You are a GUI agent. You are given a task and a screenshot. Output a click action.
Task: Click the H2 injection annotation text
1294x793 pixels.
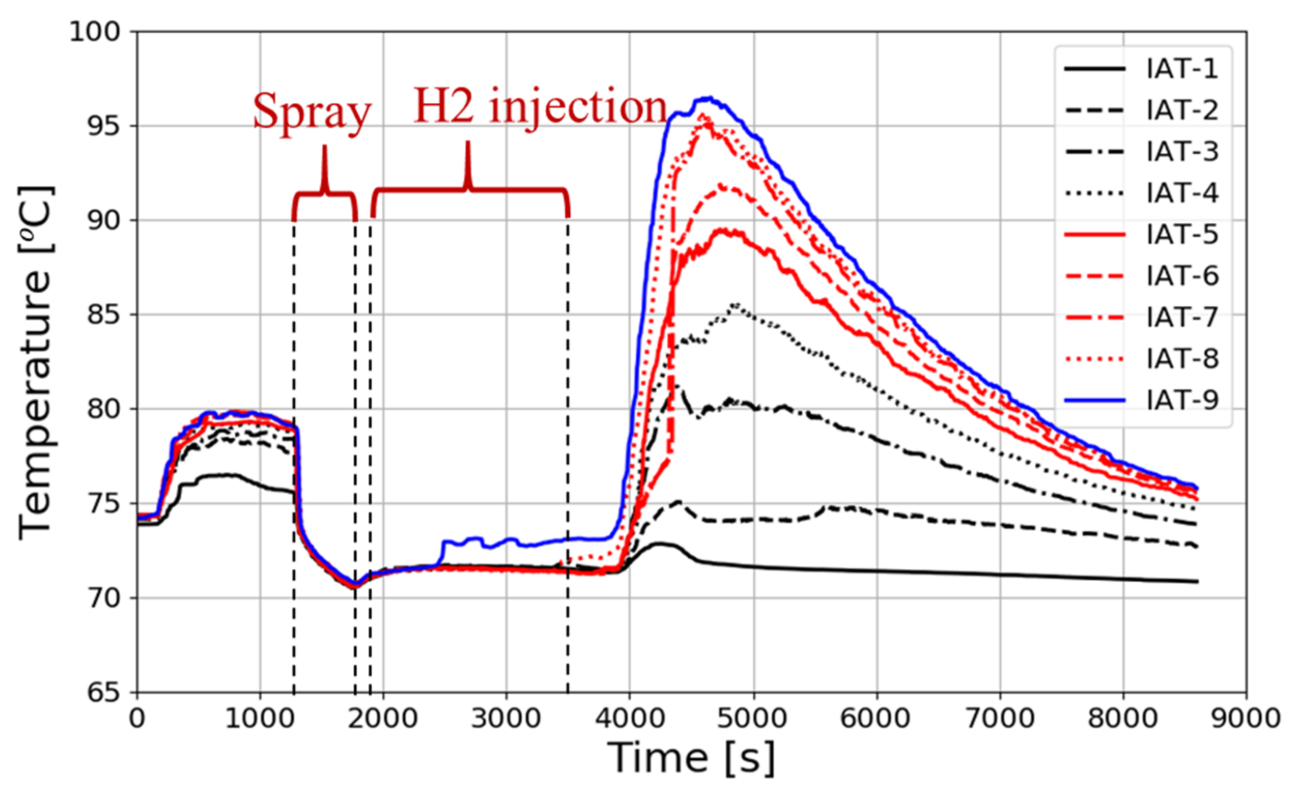click(x=540, y=107)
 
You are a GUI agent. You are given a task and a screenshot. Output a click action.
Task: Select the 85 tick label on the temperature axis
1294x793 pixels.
click(x=103, y=315)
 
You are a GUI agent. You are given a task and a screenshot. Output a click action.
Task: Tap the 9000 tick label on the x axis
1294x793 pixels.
click(x=1246, y=718)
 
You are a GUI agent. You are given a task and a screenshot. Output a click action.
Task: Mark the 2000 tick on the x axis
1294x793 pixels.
click(x=383, y=718)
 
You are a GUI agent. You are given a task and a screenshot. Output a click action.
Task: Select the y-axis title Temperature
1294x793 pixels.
click(x=36, y=363)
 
